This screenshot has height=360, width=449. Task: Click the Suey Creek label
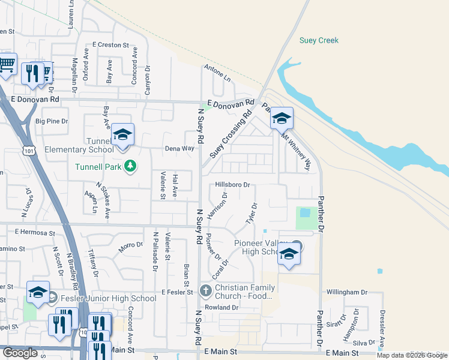click(x=319, y=41)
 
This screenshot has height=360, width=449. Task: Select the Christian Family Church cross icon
click(x=205, y=292)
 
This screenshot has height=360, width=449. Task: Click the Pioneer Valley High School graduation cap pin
click(x=289, y=254)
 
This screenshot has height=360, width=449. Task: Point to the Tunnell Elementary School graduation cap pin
click(x=122, y=135)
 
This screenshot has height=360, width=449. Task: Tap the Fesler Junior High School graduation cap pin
click(x=38, y=292)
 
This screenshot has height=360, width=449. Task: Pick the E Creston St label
click(x=110, y=45)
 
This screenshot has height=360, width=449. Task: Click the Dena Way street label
click(x=180, y=148)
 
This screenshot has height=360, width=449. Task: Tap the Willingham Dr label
click(x=346, y=292)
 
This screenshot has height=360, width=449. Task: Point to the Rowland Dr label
click(x=221, y=307)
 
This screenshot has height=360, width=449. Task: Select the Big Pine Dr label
click(x=52, y=121)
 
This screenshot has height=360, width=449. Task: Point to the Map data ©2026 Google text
click(x=412, y=355)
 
